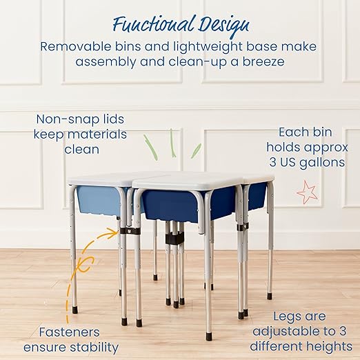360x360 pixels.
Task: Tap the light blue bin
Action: click(98, 199)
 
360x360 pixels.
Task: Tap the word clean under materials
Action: click(81, 149)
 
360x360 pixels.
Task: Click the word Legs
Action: click(278, 316)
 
